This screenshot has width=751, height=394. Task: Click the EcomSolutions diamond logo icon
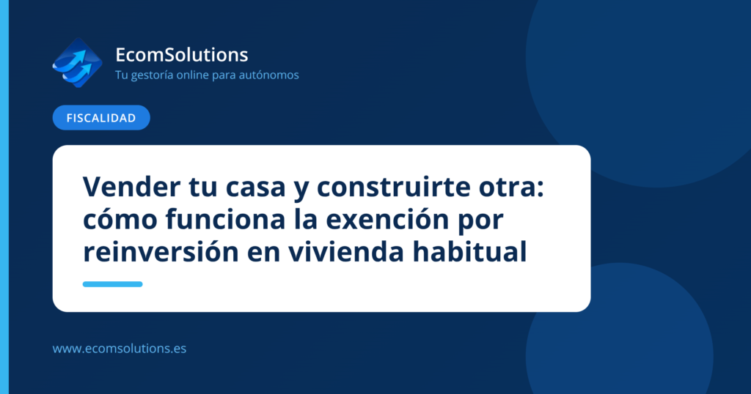77,63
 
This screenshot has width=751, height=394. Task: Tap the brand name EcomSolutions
182,54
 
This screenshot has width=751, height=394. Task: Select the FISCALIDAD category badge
101,118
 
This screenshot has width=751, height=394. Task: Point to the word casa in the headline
256,187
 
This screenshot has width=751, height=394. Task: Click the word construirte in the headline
394,187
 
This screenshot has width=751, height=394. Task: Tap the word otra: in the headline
511,187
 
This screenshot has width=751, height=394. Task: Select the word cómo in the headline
121,219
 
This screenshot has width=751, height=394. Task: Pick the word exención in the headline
388,219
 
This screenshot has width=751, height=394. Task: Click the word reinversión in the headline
161,251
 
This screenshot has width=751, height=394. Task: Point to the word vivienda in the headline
346,251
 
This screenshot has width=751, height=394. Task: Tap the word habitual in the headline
470,251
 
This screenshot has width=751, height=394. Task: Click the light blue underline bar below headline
112,284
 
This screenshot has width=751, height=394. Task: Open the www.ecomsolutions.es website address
120,349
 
